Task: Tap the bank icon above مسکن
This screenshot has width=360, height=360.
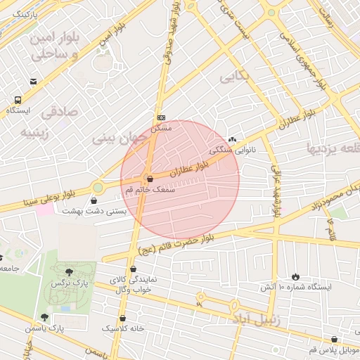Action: pos(162,117)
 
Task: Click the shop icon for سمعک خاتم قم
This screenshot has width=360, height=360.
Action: pos(149,179)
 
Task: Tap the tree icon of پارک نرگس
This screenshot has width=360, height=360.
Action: pos(68,271)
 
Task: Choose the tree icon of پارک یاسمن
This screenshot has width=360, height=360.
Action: pos(45,318)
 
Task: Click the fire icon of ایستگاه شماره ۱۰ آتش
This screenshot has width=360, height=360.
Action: pos(295,276)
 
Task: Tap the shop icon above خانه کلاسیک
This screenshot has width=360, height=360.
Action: pos(123,318)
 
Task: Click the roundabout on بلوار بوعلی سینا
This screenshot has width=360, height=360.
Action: pos(97,188)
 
